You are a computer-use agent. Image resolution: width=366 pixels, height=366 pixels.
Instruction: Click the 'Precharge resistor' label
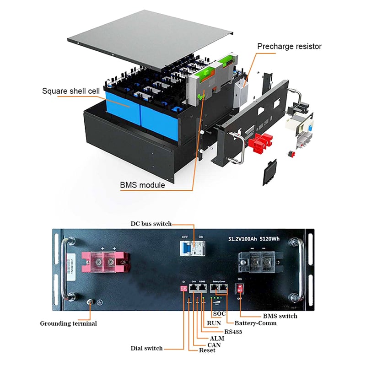point(289,46)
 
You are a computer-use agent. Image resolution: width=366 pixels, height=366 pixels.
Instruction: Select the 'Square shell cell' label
point(70,91)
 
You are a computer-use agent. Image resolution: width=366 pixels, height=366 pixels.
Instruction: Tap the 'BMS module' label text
point(142,185)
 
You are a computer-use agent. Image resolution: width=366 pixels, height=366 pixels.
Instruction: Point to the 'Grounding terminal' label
point(68,323)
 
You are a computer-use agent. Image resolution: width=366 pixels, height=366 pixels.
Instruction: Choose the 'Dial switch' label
point(146,348)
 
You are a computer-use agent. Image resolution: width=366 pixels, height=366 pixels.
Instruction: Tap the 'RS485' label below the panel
point(233,331)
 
